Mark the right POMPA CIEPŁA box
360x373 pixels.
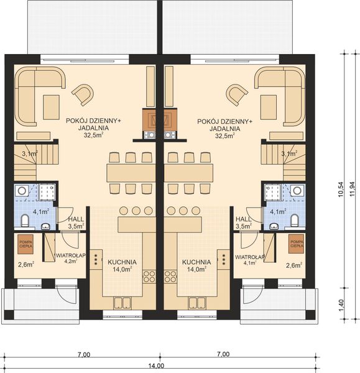click(x=296, y=243)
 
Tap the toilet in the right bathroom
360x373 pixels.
click(x=295, y=219)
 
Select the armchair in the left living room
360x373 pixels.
click(x=83, y=94)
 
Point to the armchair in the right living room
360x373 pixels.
click(x=236, y=94)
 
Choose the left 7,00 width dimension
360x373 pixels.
click(x=85, y=354)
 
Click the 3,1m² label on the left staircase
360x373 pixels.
click(x=29, y=152)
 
